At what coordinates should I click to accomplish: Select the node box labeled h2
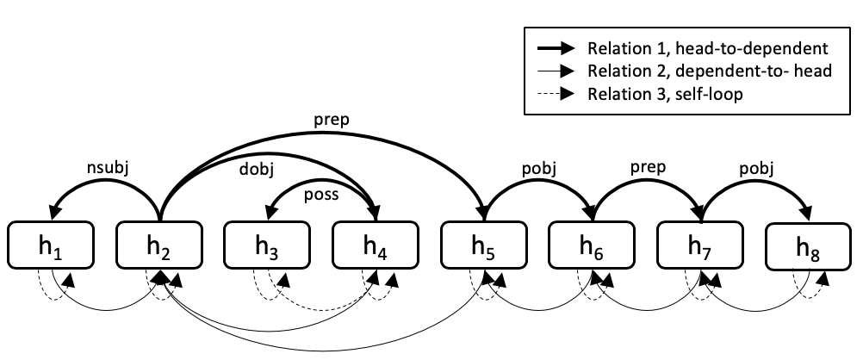(159, 245)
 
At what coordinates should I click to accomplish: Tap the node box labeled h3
(268, 245)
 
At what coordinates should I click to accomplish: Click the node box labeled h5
(485, 245)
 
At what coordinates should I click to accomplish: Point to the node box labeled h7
(701, 245)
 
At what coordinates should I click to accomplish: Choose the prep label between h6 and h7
(647, 166)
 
